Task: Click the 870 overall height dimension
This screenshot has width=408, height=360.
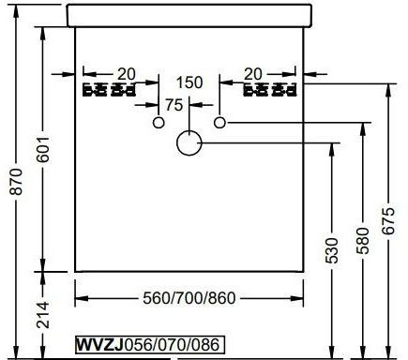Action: [x=16, y=181]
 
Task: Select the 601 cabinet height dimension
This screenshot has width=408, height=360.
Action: [x=42, y=149]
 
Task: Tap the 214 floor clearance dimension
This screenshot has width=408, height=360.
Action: [x=42, y=315]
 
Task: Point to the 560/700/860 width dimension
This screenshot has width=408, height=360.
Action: [x=189, y=298]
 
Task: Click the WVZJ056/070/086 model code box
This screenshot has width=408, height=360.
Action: [x=150, y=345]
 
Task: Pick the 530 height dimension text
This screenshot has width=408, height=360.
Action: [x=332, y=250]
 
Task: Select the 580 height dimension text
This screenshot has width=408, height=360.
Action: [x=363, y=240]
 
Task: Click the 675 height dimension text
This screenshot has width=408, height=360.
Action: [x=388, y=220]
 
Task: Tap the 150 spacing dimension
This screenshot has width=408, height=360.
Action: [x=189, y=82]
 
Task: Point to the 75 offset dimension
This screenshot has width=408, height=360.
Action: [x=174, y=105]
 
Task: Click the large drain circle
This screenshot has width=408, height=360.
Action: [x=189, y=142]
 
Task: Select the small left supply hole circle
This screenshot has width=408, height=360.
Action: [x=159, y=123]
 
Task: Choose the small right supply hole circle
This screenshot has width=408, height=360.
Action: [x=219, y=123]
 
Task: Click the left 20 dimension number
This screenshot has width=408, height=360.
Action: [x=127, y=74]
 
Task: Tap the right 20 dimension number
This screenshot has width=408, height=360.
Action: [x=252, y=74]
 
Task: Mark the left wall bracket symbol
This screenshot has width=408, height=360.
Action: [x=109, y=90]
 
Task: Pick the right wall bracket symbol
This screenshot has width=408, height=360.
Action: [x=269, y=90]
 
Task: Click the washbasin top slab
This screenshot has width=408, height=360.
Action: [x=189, y=15]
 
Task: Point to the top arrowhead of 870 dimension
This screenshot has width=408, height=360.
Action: [x=16, y=8]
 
